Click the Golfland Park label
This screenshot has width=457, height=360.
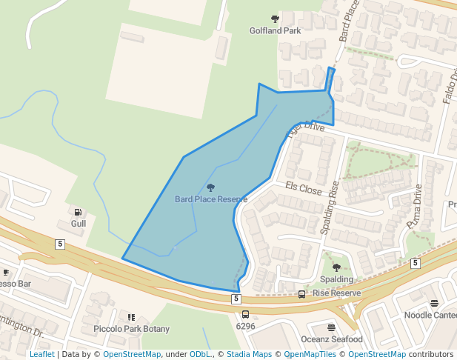point(275,31)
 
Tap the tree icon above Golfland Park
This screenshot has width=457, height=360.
point(275,19)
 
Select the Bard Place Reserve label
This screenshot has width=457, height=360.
point(211,199)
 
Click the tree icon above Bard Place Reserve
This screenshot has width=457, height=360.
point(211,188)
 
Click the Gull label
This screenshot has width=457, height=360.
point(78,223)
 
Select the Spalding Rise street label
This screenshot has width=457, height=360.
point(329,208)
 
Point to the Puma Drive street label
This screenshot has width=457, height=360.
point(413,207)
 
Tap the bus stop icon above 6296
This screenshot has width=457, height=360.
point(245,315)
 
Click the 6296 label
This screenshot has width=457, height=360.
point(245,326)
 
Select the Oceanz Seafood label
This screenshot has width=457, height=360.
point(331,339)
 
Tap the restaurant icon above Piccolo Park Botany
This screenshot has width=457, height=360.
point(132,317)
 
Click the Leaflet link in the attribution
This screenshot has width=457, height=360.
point(41,355)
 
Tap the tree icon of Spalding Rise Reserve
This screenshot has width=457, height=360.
point(336,267)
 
